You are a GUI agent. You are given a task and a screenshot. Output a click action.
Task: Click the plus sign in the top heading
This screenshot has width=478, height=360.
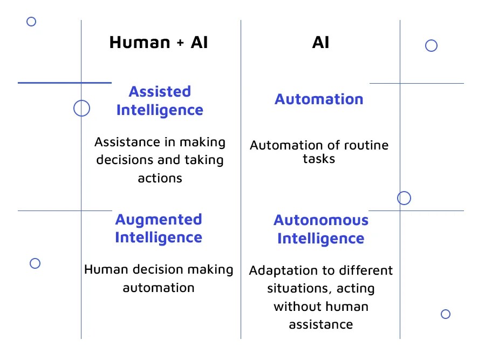[x=180, y=43]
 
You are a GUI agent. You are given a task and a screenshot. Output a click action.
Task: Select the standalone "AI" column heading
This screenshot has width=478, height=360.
[x=320, y=43]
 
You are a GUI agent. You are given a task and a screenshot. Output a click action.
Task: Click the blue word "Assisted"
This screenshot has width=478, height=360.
[x=160, y=92]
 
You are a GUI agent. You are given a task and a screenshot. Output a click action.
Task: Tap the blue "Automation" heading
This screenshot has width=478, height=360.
[x=319, y=99]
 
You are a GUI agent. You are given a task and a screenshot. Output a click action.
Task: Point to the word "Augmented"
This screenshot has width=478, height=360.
[x=159, y=220]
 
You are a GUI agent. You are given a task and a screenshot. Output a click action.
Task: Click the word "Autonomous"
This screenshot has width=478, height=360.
[x=321, y=220]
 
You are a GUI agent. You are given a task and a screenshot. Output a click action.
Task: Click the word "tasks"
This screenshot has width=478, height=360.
[x=319, y=159]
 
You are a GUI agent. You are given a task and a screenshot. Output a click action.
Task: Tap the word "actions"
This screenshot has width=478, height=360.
[x=160, y=178]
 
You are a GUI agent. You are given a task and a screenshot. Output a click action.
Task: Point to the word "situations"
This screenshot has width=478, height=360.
[x=295, y=289]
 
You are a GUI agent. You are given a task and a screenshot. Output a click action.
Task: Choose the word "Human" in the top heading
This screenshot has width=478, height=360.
[x=139, y=43]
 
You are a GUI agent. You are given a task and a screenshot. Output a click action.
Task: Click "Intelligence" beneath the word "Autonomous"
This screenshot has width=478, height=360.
[x=321, y=239]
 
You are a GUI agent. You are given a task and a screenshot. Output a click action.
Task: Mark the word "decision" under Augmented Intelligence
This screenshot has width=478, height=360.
[x=153, y=269]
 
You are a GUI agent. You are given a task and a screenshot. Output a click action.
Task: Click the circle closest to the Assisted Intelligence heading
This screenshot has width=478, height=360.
[x=81, y=108]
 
